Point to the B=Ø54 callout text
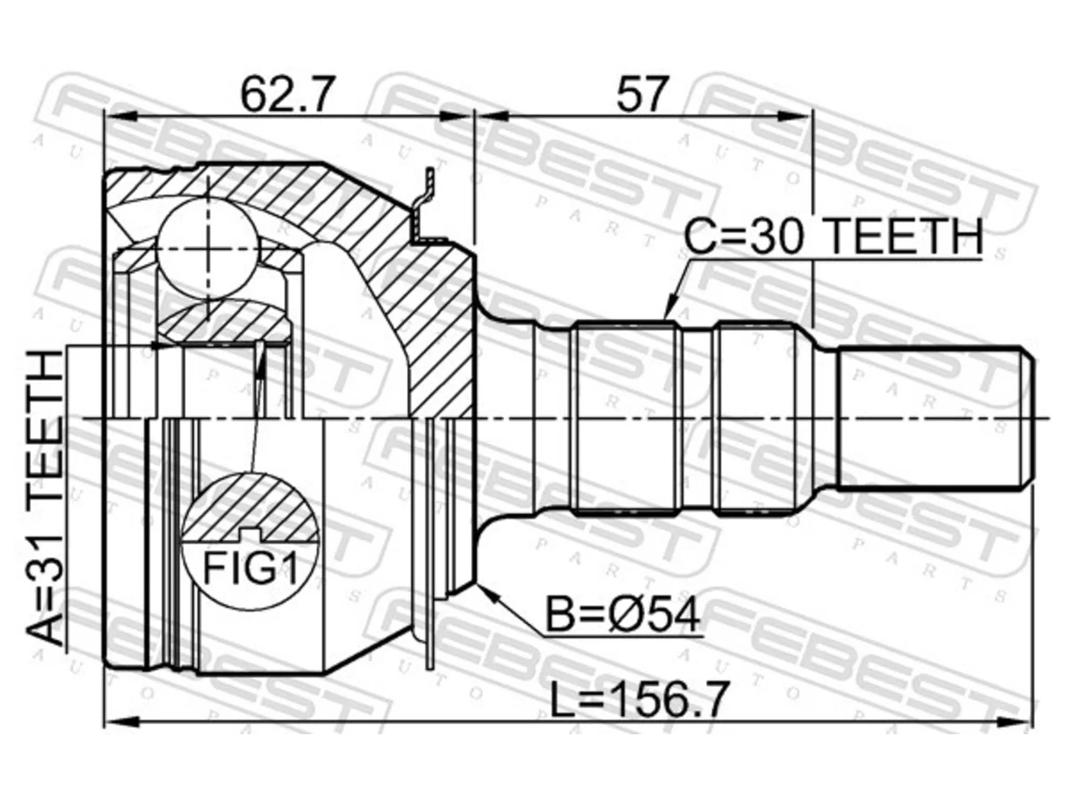[x=622, y=614]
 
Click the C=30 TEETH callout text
[x=834, y=235]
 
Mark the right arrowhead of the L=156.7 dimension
[x=1017, y=721]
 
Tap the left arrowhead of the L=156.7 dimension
[x=123, y=721]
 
